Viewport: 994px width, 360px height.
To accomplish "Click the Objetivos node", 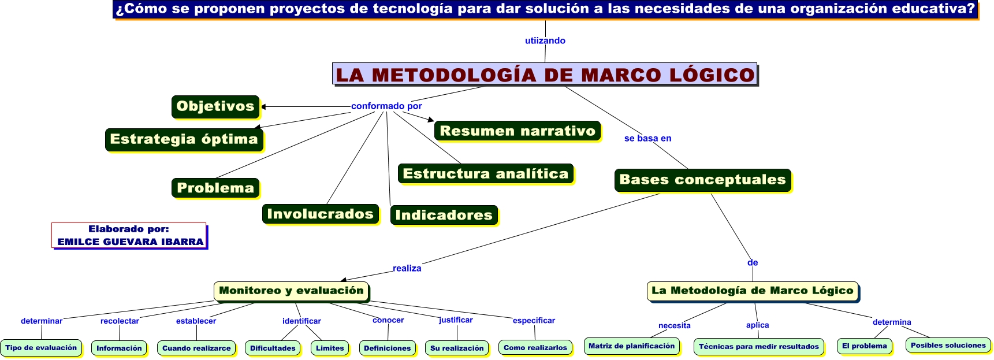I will pyautogui.click(x=215, y=107).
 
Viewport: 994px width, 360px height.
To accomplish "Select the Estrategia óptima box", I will pyautogui.click(x=184, y=140).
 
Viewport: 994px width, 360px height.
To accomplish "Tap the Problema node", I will pyautogui.click(x=215, y=188).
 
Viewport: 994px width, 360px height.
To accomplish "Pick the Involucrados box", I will pyautogui.click(x=321, y=214).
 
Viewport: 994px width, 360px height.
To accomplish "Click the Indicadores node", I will pyautogui.click(x=444, y=215).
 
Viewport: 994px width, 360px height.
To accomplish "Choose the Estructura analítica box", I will pyautogui.click(x=486, y=174).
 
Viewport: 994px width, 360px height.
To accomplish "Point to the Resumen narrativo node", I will pyautogui.click(x=518, y=131).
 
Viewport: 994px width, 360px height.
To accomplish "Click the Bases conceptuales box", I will pyautogui.click(x=702, y=180).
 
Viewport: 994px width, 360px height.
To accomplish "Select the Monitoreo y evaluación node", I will pyautogui.click(x=292, y=291).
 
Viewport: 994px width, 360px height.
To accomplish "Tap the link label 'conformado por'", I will pyautogui.click(x=386, y=106).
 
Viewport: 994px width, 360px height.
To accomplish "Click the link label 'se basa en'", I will pyautogui.click(x=647, y=138).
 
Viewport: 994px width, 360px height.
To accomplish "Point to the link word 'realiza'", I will pyautogui.click(x=407, y=268).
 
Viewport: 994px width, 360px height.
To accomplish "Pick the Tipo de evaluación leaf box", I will pyautogui.click(x=41, y=348).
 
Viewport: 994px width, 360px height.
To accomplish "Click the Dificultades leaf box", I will pyautogui.click(x=273, y=348).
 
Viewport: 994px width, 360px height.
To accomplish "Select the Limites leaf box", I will pyautogui.click(x=330, y=348).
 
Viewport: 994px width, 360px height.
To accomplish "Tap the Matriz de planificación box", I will pyautogui.click(x=631, y=346).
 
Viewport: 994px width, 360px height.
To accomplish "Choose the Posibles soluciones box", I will pyautogui.click(x=948, y=346).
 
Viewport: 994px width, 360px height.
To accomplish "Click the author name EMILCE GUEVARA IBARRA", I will pyautogui.click(x=131, y=242).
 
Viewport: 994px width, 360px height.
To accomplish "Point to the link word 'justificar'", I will pyautogui.click(x=456, y=320).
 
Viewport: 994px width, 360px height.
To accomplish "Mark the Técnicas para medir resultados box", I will pyautogui.click(x=758, y=347).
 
